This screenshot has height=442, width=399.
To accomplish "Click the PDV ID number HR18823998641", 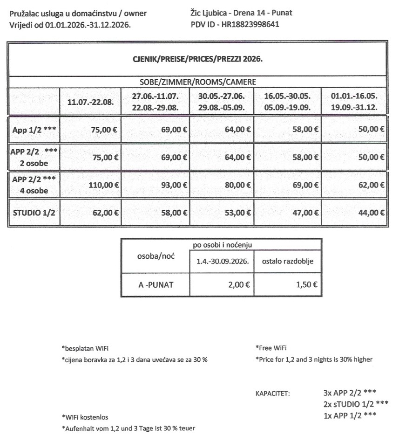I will [x=251, y=24].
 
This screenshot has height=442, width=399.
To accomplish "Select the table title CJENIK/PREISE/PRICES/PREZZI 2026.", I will [x=197, y=59].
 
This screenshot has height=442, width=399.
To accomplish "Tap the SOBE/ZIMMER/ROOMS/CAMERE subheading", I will [x=197, y=82].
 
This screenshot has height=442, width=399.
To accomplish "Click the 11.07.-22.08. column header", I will [x=90, y=102].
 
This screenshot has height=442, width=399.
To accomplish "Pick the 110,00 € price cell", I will [x=104, y=185].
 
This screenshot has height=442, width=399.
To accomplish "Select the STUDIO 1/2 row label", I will [x=34, y=213].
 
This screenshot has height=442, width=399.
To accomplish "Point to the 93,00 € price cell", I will [x=172, y=185].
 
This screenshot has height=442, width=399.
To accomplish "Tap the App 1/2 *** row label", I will [x=34, y=130].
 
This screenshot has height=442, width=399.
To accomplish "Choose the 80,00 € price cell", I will [x=237, y=185].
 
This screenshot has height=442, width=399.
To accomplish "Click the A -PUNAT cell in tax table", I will [x=155, y=284].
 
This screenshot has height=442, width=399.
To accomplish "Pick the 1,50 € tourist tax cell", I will [x=306, y=284].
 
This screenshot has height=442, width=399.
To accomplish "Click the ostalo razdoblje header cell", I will [x=287, y=262].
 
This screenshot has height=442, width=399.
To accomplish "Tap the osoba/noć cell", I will [x=155, y=257].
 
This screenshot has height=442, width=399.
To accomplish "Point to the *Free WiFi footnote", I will [x=271, y=348].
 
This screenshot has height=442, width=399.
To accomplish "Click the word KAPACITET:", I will [x=272, y=393].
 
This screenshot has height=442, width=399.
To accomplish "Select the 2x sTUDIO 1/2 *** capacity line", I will [x=355, y=403].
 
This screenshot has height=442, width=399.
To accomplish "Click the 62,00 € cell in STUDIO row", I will [x=104, y=213].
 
